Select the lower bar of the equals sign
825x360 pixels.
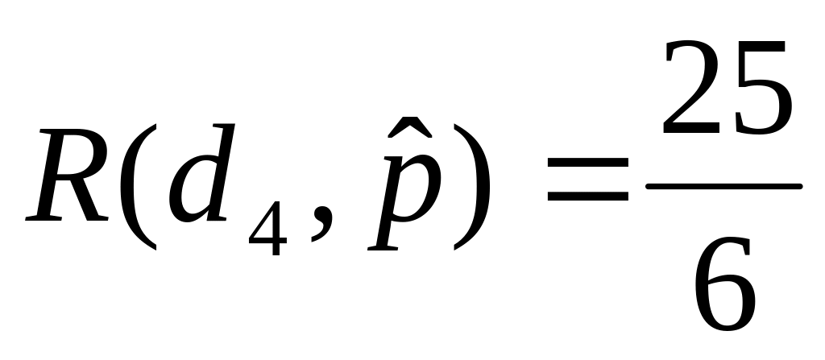click(587, 196)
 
